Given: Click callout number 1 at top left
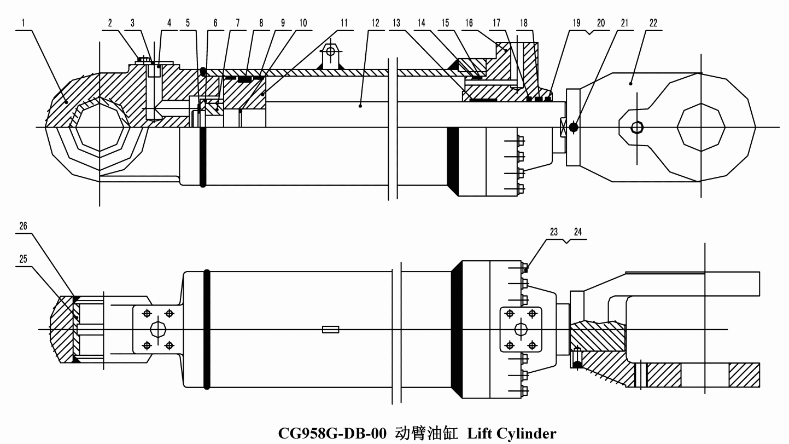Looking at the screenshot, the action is pos(24,24).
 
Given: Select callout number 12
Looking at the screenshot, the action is pos(376,24).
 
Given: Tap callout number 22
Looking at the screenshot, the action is pos(653,24).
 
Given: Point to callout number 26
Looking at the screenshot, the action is pos(24,226).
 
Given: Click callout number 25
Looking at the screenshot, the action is pos(24,259).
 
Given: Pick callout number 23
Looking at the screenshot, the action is pos(554,232).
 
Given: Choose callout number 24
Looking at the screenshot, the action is pos(578,232).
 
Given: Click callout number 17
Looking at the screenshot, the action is pos(496,24).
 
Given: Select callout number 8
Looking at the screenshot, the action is pos(261,24).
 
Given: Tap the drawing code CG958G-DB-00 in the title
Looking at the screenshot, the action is pos(332,434).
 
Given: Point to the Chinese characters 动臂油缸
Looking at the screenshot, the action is pos(426,434).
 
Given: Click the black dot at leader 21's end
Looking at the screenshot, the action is pos(574,126).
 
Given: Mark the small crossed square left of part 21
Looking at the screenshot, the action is pos(563,126).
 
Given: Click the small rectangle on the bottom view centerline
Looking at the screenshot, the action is pos(331,330).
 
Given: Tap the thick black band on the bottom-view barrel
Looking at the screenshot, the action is pos(207,330).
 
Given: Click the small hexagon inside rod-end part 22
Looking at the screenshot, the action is pos(637,127).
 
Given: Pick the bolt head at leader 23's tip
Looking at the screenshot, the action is pos(525,269).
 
